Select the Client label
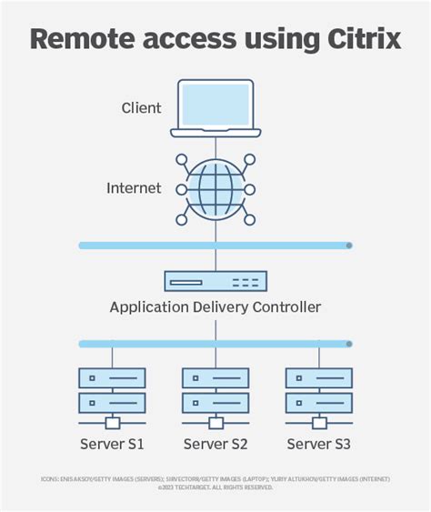click(141, 108)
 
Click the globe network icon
click(215, 190)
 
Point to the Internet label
click(134, 188)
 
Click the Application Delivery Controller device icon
click(215, 281)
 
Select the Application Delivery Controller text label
click(215, 307)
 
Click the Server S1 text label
click(112, 444)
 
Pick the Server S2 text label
click(215, 444)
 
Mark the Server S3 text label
click(319, 444)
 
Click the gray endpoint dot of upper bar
click(349, 246)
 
